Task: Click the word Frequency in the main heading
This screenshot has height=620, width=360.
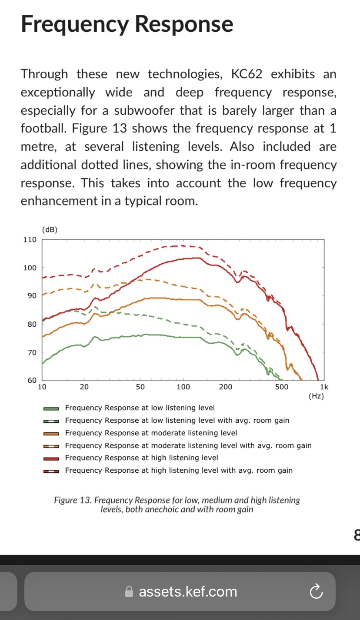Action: [x=75, y=24]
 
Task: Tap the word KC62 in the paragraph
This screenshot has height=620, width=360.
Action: [x=247, y=74]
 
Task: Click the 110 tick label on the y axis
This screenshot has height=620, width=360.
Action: [x=30, y=239]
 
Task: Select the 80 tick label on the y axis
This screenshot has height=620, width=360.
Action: [x=32, y=324]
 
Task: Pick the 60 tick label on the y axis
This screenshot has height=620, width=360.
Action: [x=32, y=380]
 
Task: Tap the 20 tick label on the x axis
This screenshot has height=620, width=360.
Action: [x=84, y=387]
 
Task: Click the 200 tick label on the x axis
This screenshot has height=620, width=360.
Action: [x=225, y=387]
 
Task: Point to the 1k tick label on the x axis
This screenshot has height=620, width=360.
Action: [x=324, y=387]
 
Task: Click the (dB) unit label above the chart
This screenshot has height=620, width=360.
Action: [x=50, y=229]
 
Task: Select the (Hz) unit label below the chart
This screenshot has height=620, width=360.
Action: [x=316, y=396]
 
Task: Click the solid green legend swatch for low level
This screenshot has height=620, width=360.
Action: [x=51, y=408]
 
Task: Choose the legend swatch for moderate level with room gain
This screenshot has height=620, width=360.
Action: [x=51, y=446]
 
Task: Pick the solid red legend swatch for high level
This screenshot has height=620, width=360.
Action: [x=51, y=459]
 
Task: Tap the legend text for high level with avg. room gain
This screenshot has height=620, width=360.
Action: [x=179, y=470]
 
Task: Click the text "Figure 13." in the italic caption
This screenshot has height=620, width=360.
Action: [x=73, y=500]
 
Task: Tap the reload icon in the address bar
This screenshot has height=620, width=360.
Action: [x=316, y=591]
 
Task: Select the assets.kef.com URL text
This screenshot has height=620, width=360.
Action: [x=188, y=591]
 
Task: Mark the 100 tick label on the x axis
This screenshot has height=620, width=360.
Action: [x=183, y=387]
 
